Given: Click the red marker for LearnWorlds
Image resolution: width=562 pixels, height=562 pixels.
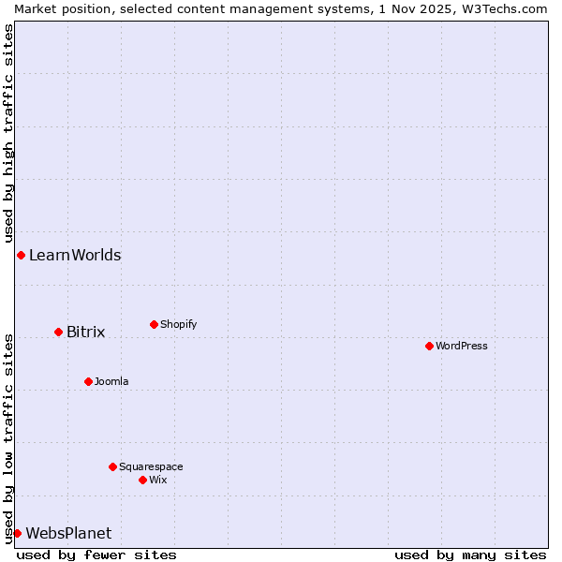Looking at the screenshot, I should tap(21, 255).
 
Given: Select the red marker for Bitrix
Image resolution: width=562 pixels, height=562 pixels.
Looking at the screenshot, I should tap(58, 332).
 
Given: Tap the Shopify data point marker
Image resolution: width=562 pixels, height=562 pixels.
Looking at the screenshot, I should tap(154, 324).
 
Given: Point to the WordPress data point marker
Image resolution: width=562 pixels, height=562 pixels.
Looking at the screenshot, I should tap(429, 346).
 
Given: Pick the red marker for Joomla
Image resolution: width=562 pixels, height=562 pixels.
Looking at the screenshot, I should tap(88, 381).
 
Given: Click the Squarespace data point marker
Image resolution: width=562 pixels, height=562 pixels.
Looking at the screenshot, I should tap(112, 466).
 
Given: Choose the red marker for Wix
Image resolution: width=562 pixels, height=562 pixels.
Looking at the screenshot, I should tap(142, 480).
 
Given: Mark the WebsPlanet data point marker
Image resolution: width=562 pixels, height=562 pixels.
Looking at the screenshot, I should tap(17, 533).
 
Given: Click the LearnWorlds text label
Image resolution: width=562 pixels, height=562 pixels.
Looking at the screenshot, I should tap(75, 255).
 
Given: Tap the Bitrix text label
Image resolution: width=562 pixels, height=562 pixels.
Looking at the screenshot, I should tap(85, 332).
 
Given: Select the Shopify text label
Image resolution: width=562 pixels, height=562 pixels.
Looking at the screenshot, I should tap(178, 324).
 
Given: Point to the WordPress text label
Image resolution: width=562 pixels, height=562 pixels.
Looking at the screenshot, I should tap(461, 346).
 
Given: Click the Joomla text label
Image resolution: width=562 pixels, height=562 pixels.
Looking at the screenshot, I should tap(111, 381).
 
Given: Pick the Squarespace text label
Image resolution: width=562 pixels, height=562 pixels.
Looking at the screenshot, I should tap(151, 466).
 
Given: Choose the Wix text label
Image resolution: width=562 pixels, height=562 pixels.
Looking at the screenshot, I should tap(157, 480).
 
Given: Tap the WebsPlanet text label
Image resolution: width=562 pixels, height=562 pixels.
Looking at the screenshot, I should tap(68, 533).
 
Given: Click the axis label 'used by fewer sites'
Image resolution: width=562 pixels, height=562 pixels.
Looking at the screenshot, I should tap(96, 555).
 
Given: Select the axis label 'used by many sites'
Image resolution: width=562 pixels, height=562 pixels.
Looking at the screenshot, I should tap(470, 555).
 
